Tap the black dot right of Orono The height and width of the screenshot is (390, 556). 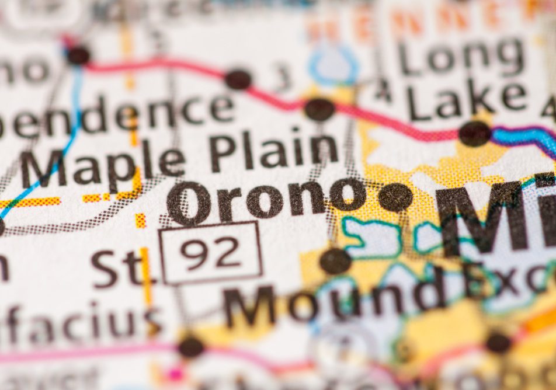pyautogui.click(x=395, y=197)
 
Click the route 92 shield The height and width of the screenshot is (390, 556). pyautogui.click(x=211, y=252)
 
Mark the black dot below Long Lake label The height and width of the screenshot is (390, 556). pyautogui.click(x=474, y=134)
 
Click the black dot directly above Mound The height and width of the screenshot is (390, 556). pyautogui.click(x=335, y=260)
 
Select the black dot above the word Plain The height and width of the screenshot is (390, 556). pyautogui.click(x=319, y=109)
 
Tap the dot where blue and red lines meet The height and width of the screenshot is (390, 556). pyautogui.click(x=78, y=56)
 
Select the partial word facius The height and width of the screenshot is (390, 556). pyautogui.click(x=82, y=324)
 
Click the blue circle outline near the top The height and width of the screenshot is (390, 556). pyautogui.click(x=333, y=66)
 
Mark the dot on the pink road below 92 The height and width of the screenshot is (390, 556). pyautogui.click(x=191, y=347)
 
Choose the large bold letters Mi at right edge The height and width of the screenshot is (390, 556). pyautogui.click(x=496, y=216)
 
